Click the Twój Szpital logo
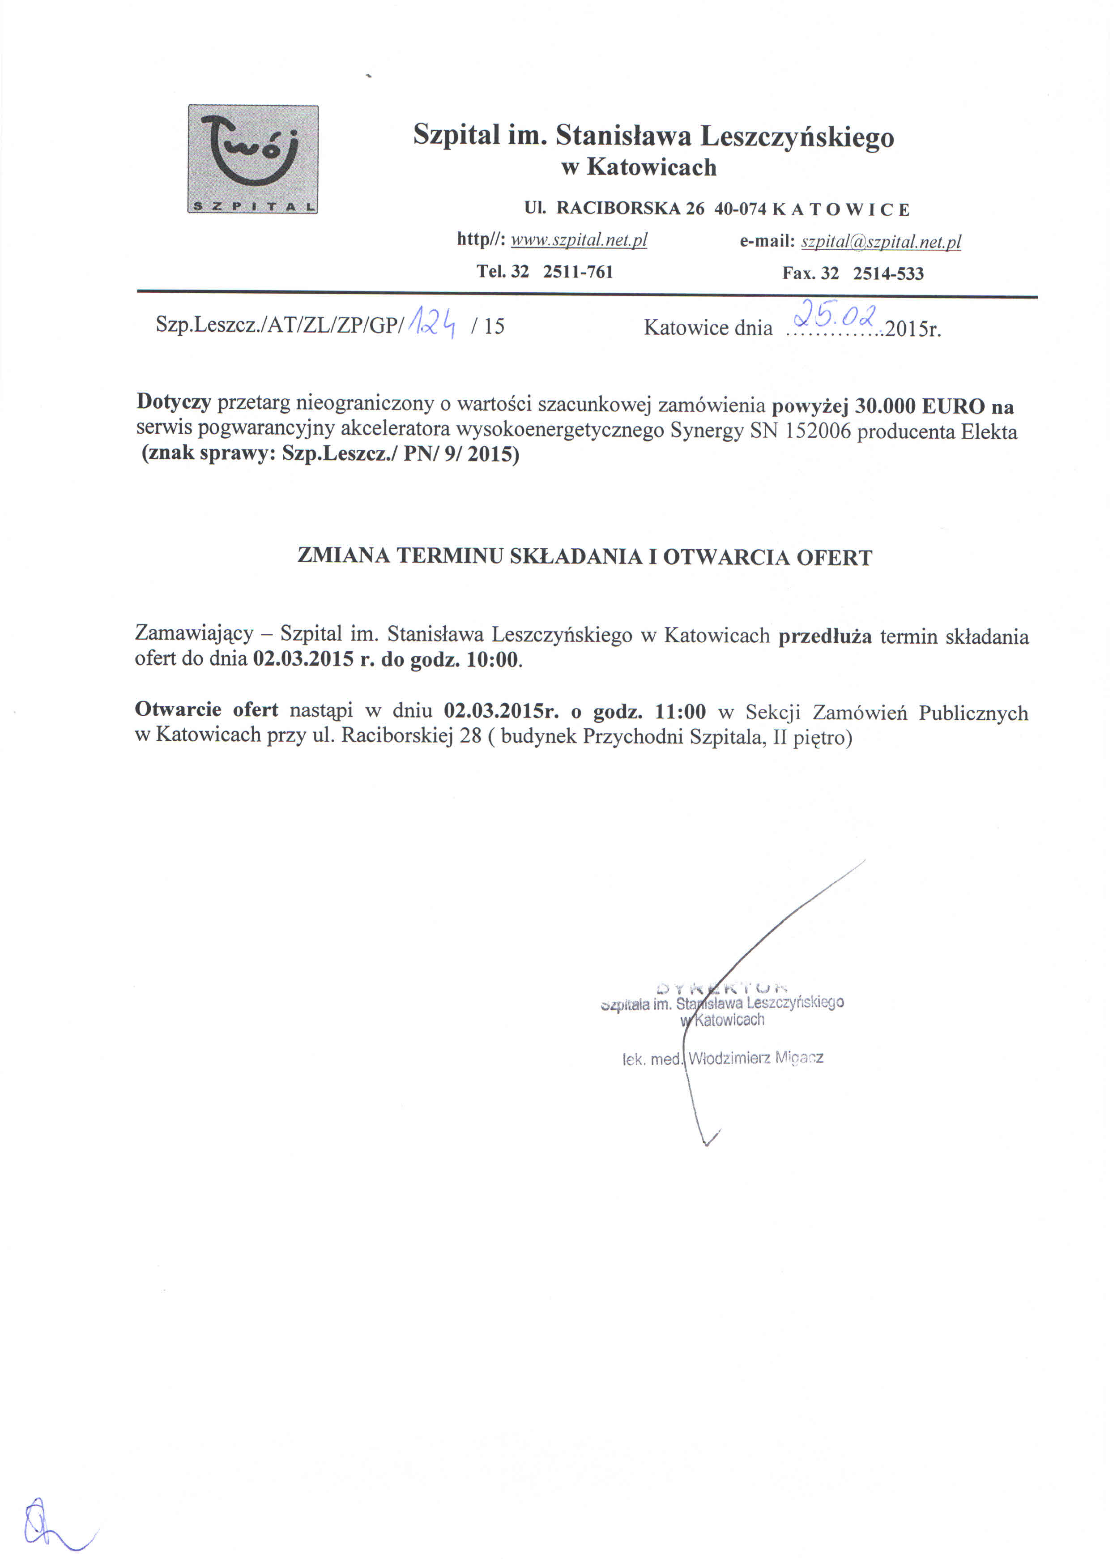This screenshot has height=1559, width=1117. pyautogui.click(x=252, y=159)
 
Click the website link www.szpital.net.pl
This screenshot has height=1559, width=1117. pyautogui.click(x=578, y=240)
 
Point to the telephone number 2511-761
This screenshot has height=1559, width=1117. pyautogui.click(x=577, y=272)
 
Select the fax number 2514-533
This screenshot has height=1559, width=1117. pyautogui.click(x=888, y=273)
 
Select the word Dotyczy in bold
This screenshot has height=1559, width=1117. pyautogui.click(x=173, y=401)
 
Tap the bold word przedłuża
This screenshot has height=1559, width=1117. pyautogui.click(x=824, y=636)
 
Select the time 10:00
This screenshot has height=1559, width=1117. pyautogui.click(x=491, y=660)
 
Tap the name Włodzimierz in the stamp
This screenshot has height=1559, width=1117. pyautogui.click(x=729, y=1058)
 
